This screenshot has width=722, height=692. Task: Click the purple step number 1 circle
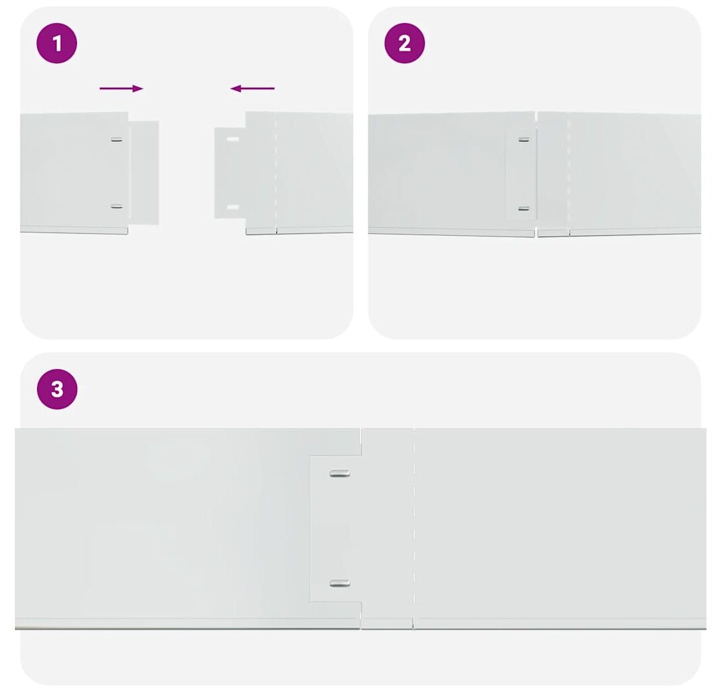[x=57, y=43]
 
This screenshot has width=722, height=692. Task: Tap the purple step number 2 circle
[x=405, y=43]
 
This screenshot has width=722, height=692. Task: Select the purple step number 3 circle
[x=57, y=389]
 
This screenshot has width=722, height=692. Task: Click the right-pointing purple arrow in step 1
[x=121, y=89]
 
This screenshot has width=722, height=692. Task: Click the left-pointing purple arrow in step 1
[x=253, y=88]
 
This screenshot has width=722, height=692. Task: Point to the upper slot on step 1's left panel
[x=117, y=140]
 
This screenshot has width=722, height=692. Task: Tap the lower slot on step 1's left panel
[x=117, y=206]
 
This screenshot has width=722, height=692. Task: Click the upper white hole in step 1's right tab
[x=233, y=139]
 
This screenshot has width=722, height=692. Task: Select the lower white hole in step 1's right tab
[x=233, y=207]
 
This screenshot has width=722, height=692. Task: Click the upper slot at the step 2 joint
[x=524, y=140]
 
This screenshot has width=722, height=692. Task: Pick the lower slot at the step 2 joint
[x=524, y=209]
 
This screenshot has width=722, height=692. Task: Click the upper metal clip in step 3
[x=340, y=473]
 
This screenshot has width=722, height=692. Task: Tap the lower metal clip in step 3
[x=340, y=584]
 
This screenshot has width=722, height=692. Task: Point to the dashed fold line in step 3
[x=413, y=528]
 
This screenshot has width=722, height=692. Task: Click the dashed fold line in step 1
[x=276, y=173]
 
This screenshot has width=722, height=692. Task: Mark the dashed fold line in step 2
[x=569, y=174]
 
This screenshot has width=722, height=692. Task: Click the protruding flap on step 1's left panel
[x=144, y=173]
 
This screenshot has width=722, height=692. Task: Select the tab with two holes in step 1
[x=230, y=173]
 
